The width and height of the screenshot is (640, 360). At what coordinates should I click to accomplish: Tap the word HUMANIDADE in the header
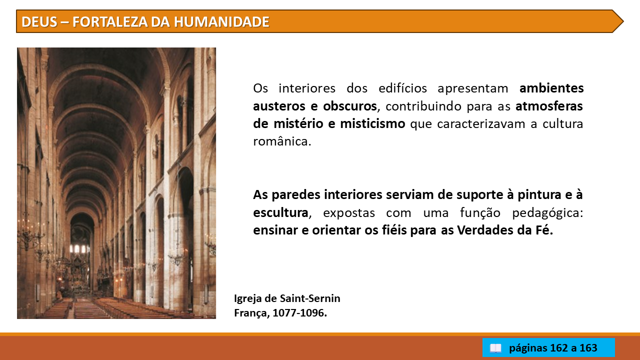click(221, 22)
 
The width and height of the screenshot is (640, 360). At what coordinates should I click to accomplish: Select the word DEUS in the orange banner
click(39, 22)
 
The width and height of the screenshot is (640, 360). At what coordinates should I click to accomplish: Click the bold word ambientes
click(551, 88)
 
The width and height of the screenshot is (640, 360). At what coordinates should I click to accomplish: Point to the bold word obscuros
click(350, 106)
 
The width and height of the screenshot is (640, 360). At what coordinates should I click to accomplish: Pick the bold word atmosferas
click(549, 106)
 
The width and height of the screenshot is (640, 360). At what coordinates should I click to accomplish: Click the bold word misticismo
click(372, 124)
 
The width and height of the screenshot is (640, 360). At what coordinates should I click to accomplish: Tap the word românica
click(282, 141)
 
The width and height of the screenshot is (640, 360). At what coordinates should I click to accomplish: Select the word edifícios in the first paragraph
click(402, 88)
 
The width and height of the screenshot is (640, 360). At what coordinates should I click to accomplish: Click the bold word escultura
click(280, 213)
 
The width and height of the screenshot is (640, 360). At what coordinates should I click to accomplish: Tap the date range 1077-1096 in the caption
click(299, 313)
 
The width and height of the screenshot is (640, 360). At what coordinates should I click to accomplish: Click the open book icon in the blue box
click(495, 348)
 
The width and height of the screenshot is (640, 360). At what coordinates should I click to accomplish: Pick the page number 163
click(588, 348)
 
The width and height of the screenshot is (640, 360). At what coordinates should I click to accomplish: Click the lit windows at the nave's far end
click(79, 249)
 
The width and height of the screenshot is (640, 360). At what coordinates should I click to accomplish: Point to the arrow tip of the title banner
click(623, 21)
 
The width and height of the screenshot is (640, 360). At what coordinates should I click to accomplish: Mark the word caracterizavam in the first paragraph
click(481, 124)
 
